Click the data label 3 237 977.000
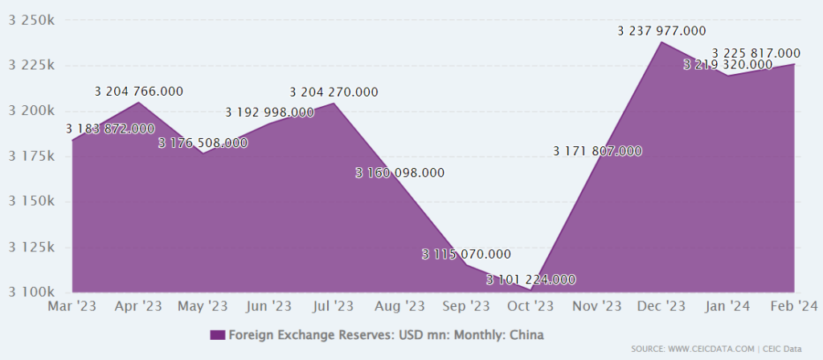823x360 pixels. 661,31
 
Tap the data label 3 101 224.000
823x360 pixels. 531,280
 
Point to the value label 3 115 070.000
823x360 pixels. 466,254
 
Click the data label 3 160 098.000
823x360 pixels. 399,172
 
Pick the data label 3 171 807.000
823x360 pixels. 597,150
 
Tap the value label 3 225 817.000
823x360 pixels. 755,53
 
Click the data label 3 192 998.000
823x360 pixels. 269,112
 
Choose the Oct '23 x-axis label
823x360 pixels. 531,306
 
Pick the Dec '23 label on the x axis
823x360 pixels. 661,306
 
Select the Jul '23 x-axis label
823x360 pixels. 334,306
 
